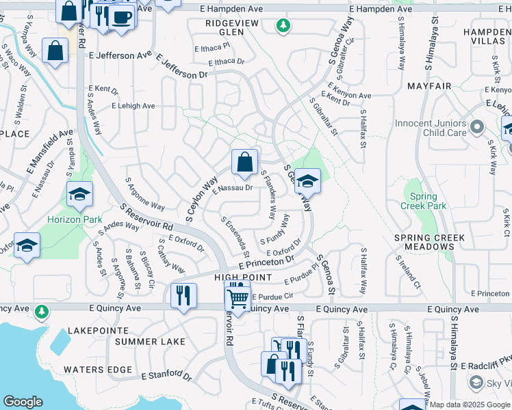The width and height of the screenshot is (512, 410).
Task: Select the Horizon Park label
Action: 75,220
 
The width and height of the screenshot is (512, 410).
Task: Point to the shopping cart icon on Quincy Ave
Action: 237,298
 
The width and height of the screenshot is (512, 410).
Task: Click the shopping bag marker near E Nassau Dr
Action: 244,163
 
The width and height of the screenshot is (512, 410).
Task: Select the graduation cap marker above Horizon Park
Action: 79,194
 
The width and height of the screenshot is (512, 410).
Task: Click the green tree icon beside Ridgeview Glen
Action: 282,26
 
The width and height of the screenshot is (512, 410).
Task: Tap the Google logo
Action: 23,402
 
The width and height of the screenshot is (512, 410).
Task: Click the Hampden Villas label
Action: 487,37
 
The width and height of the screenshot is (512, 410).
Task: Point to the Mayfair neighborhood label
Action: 428,86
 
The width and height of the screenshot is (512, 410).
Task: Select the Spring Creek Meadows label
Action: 429,242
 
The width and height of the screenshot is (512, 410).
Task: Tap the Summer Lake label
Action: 150,341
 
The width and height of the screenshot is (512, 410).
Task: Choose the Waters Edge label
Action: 97,370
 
